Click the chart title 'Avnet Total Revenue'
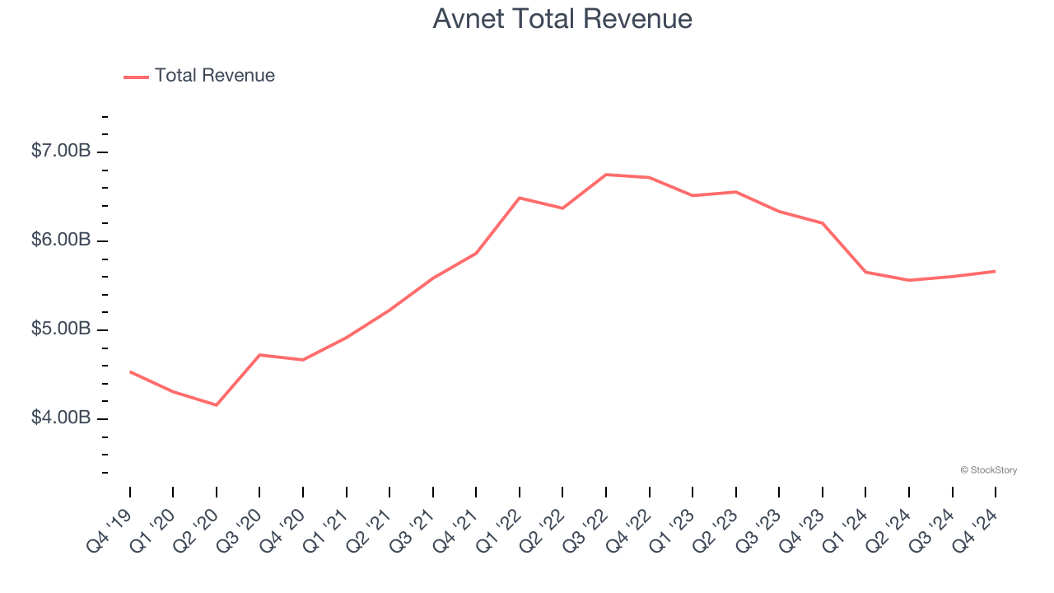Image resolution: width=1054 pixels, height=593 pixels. pyautogui.click(x=562, y=18)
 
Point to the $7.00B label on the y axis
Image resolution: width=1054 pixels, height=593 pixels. pyautogui.click(x=61, y=152)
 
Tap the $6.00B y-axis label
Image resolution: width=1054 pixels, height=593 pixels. pyautogui.click(x=61, y=240)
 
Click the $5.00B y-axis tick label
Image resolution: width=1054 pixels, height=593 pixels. pyautogui.click(x=61, y=329)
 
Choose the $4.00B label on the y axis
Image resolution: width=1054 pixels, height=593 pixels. pyautogui.click(x=61, y=418)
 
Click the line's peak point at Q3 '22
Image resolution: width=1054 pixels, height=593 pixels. pyautogui.click(x=606, y=175)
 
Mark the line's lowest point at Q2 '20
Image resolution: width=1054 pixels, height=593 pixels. pyautogui.click(x=217, y=405)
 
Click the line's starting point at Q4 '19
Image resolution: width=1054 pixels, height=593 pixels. pyautogui.click(x=130, y=372)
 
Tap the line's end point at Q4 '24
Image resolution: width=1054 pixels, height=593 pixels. pyautogui.click(x=995, y=271)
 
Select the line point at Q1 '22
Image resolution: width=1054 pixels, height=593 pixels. pyautogui.click(x=520, y=198)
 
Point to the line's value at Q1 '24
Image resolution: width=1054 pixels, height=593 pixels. pyautogui.click(x=865, y=272)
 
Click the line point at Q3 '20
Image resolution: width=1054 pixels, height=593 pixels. pyautogui.click(x=260, y=355)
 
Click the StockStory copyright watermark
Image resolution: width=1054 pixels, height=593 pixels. pyautogui.click(x=988, y=470)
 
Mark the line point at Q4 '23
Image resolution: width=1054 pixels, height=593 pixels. pyautogui.click(x=822, y=223)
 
